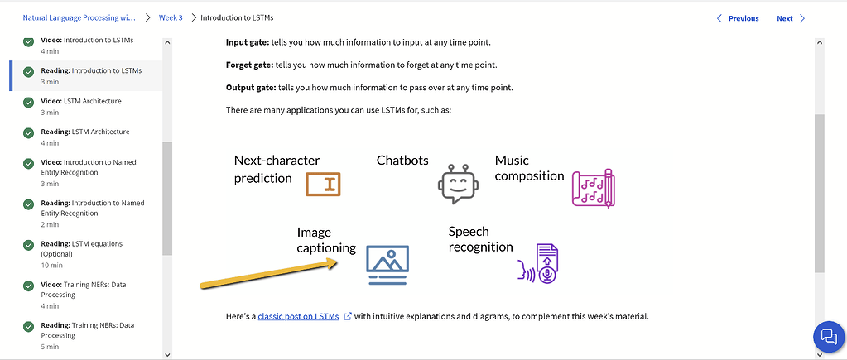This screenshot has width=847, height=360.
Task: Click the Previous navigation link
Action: tap(738, 18)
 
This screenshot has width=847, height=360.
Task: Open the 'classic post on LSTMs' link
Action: tap(298, 316)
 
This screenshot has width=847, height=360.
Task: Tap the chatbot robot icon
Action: tap(458, 183)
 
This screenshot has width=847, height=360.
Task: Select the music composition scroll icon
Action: tap(593, 188)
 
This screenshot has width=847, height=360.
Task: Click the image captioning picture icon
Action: tap(387, 264)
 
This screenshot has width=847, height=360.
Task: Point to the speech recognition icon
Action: tap(540, 263)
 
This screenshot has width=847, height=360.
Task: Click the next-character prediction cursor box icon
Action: tap(323, 185)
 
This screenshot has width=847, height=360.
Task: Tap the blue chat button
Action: tap(827, 336)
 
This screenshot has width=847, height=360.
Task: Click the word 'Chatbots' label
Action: tap(402, 161)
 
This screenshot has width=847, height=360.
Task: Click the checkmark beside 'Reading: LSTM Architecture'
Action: tap(29, 132)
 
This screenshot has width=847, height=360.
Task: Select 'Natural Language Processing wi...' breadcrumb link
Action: tap(79, 17)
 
